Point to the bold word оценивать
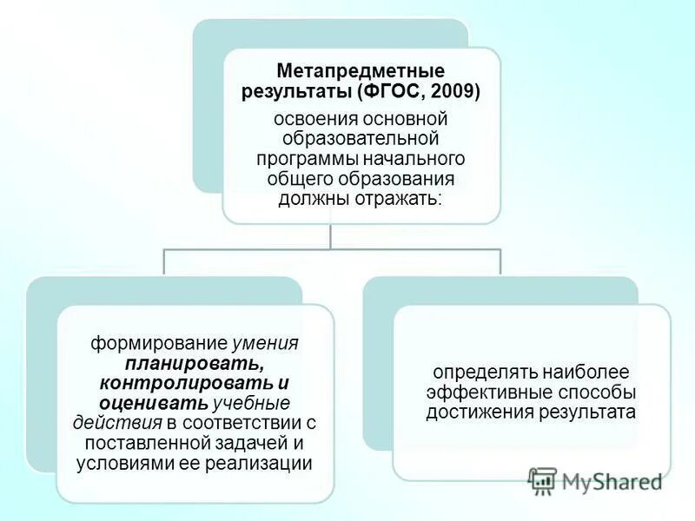click(154, 402)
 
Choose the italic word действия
click(117, 423)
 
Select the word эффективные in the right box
click(480, 392)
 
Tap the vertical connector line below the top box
click(331, 236)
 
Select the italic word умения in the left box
click(270, 342)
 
